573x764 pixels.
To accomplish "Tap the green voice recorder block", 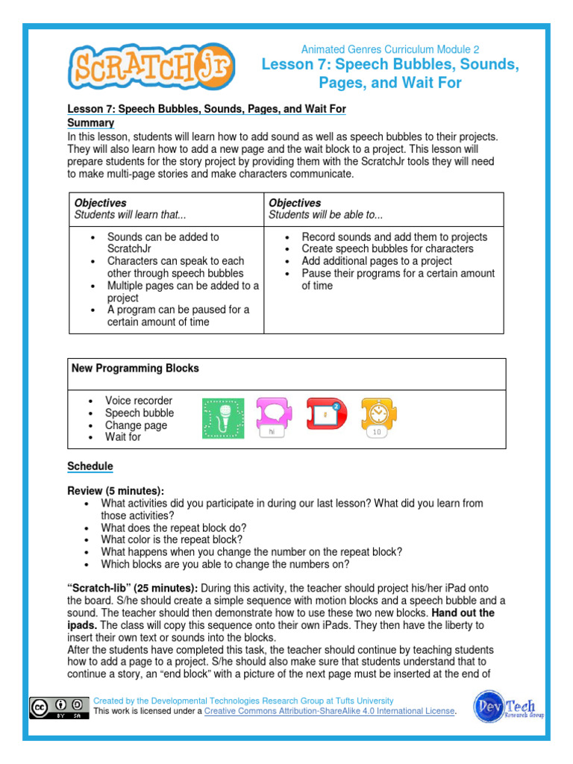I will (223, 419).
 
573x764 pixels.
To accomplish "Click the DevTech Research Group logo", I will (508, 706).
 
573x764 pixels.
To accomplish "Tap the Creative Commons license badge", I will (56, 706).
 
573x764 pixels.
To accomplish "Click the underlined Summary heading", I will (90, 122).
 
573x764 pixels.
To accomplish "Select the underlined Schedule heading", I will (90, 466).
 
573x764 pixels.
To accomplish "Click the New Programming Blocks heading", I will (135, 369).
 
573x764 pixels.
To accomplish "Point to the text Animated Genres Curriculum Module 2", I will (390, 49).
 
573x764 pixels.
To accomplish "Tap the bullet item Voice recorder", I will (138, 401).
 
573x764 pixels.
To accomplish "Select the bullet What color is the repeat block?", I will (172, 539).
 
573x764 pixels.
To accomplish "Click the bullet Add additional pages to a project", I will (376, 261).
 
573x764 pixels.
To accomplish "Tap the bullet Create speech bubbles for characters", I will (387, 248).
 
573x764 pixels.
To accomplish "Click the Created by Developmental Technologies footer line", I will (243, 701).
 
